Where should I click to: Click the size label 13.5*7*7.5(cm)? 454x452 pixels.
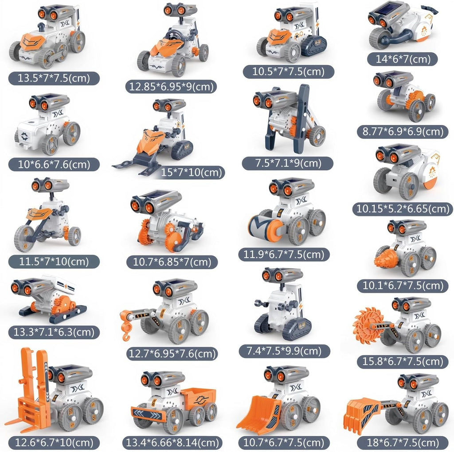[54, 78]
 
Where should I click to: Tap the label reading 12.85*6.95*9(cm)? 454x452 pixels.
[171, 86]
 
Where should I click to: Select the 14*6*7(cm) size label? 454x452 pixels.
[403, 59]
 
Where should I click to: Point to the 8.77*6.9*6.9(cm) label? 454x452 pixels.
[403, 132]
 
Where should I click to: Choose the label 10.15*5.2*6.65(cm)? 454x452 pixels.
[403, 209]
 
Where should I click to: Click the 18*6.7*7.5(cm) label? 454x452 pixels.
[403, 443]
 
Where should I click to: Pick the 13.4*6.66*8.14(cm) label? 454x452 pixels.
[172, 443]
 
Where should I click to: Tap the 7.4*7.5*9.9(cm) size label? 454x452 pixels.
[284, 351]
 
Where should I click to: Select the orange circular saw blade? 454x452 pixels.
[366, 326]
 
